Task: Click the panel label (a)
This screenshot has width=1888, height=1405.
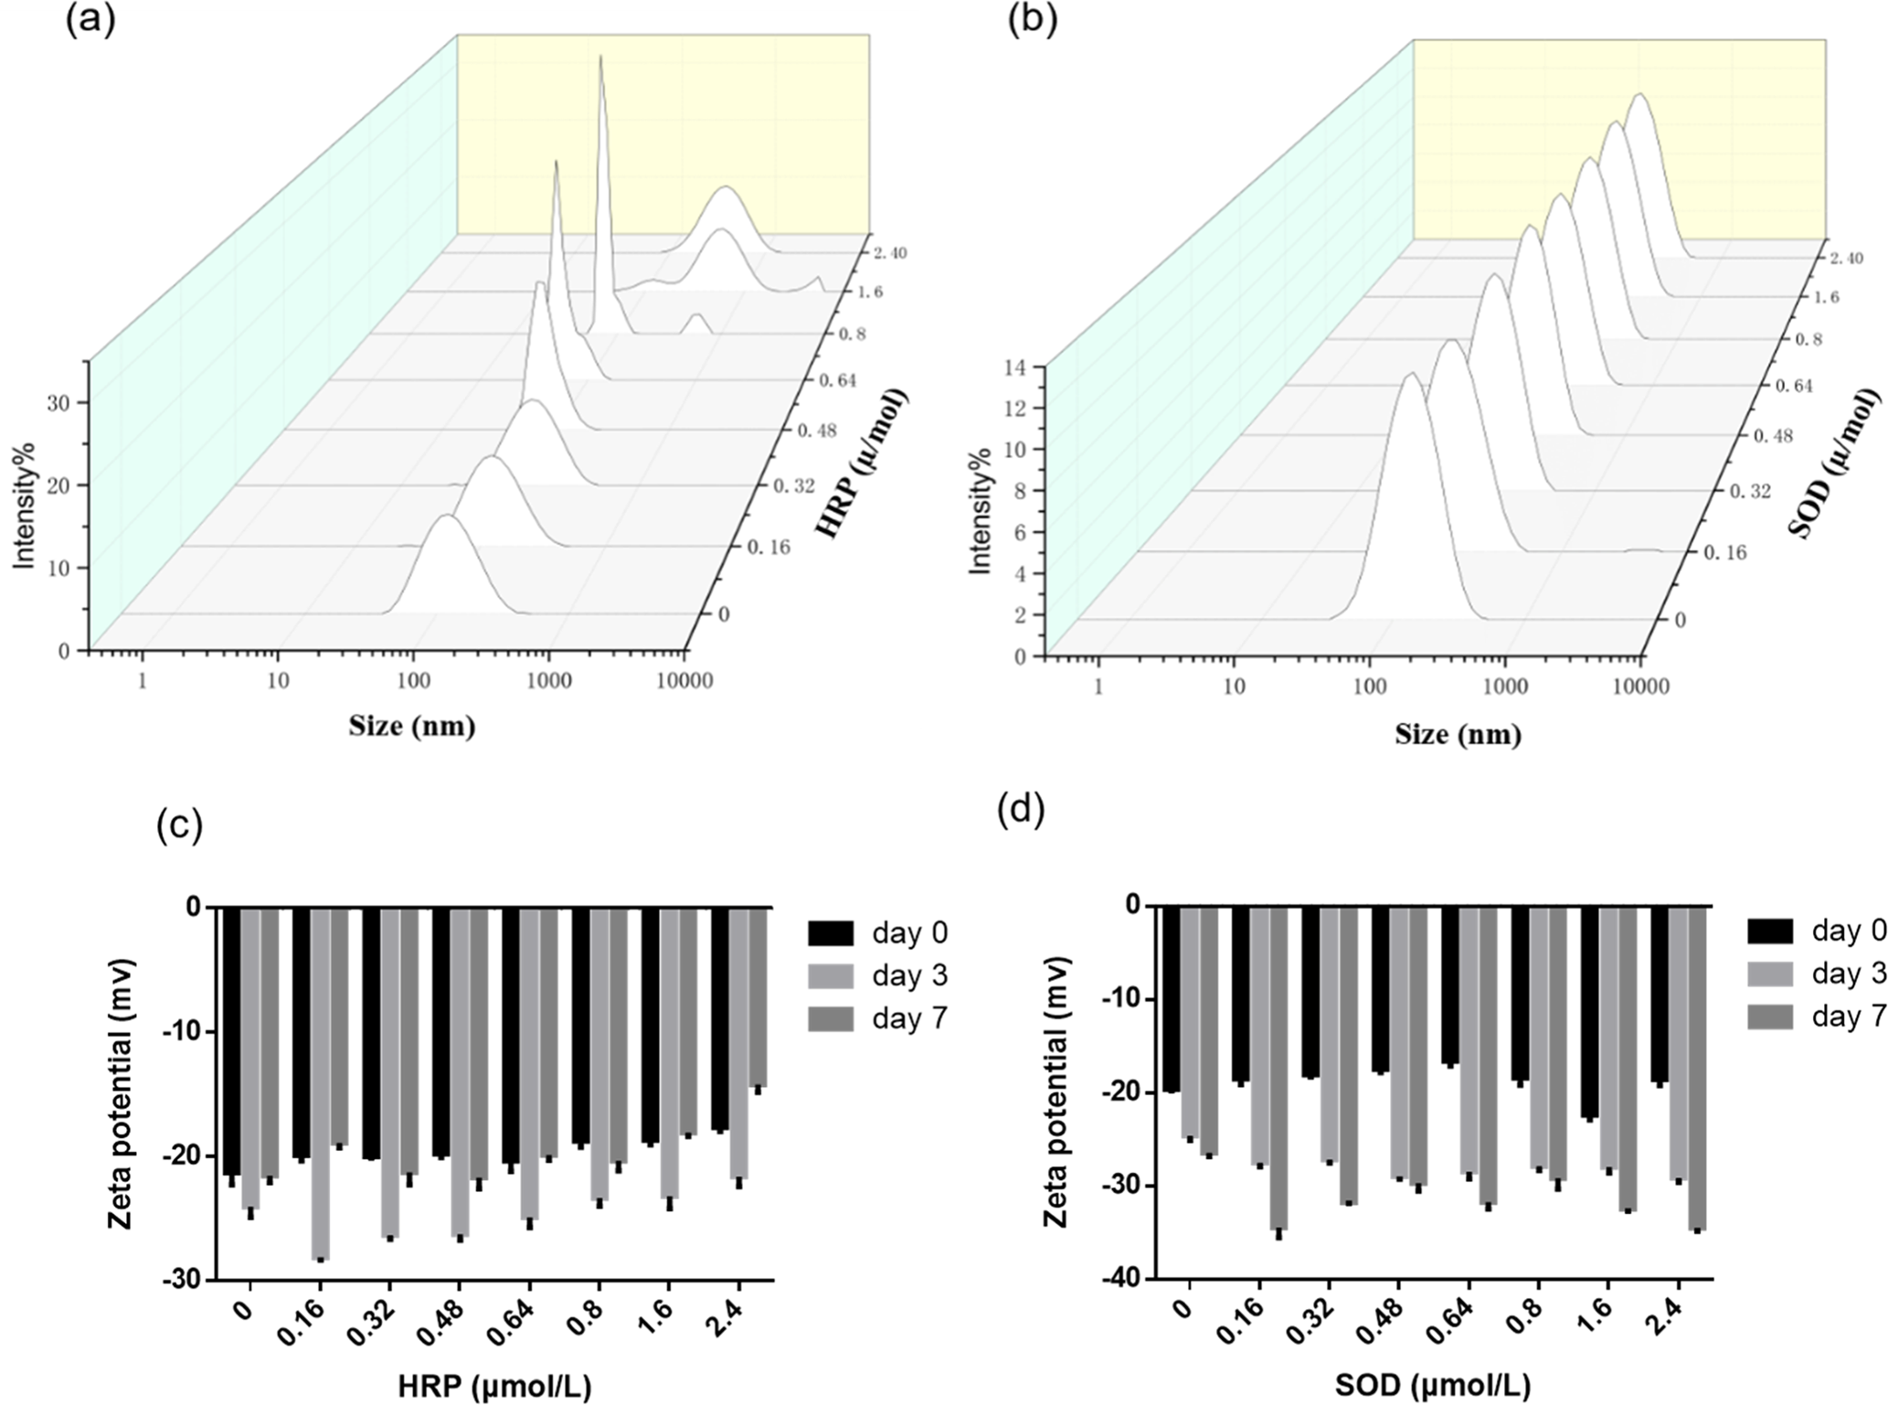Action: coord(90,20)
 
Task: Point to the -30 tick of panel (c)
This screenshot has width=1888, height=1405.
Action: coord(179,1280)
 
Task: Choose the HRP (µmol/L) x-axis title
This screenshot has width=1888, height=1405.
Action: coord(494,1386)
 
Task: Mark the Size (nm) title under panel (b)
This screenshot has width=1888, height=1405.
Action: coord(1458,734)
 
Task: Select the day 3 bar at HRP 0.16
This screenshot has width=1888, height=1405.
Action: coord(320,1083)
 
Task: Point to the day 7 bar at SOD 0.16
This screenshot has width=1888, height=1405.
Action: coord(1278,1067)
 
